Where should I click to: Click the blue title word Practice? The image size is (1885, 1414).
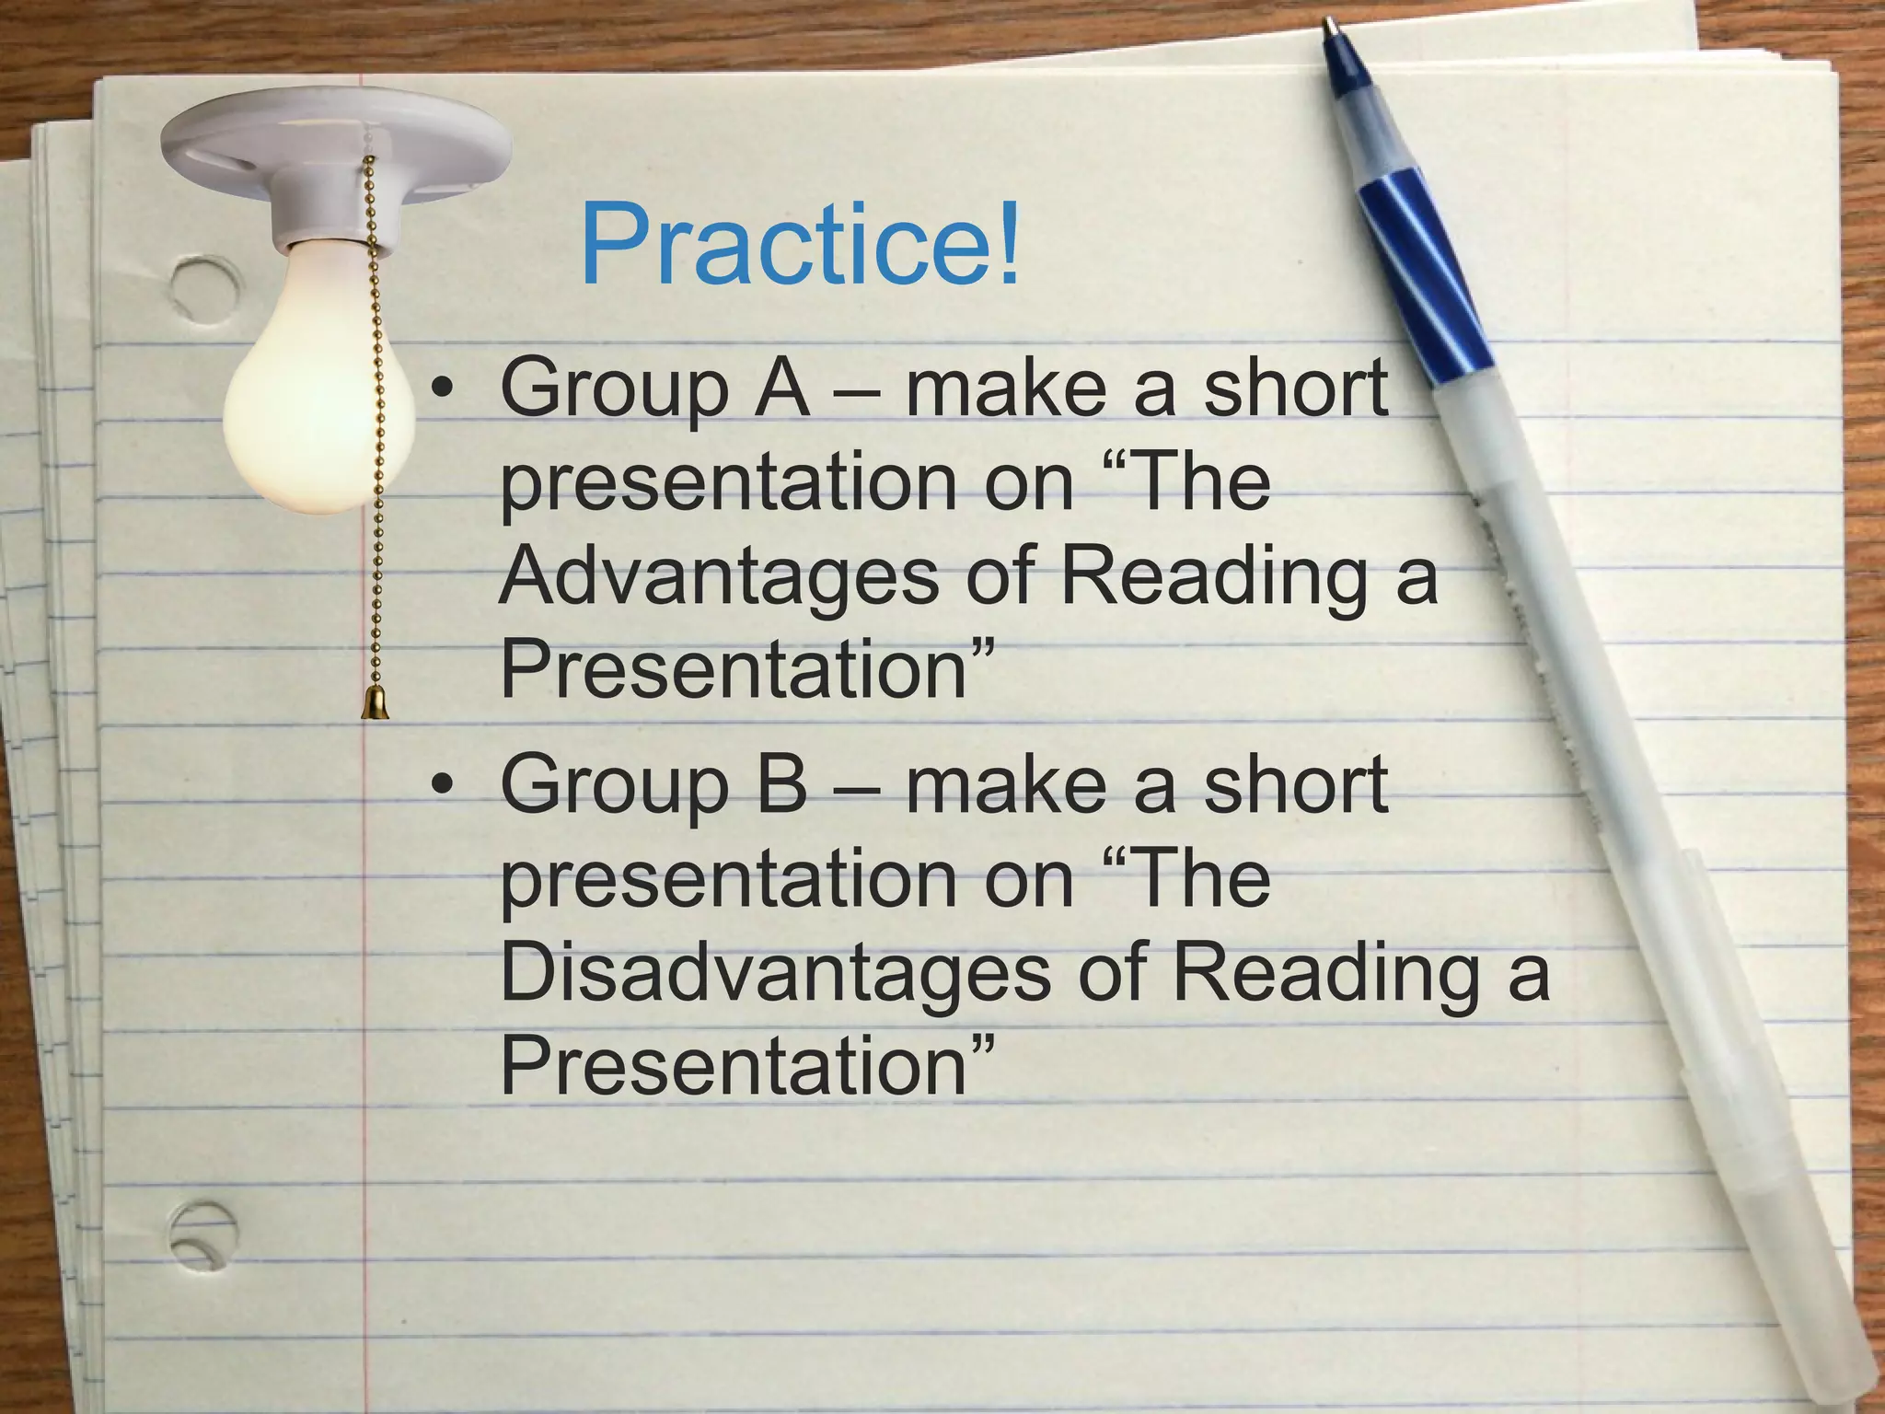pos(800,245)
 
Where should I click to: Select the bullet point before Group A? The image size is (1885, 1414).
pos(444,389)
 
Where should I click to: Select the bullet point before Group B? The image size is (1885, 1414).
pos(444,785)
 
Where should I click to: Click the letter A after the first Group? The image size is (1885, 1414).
pos(781,388)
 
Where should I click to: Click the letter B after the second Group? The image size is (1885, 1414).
pos(781,783)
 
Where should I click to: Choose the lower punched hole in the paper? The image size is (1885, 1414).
pos(202,1234)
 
